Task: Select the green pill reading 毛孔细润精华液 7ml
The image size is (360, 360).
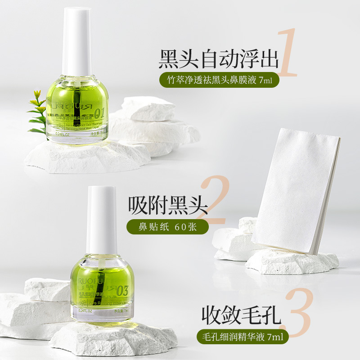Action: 242,336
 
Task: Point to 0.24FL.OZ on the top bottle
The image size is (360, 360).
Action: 65,133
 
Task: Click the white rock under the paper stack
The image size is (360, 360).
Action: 292,263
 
